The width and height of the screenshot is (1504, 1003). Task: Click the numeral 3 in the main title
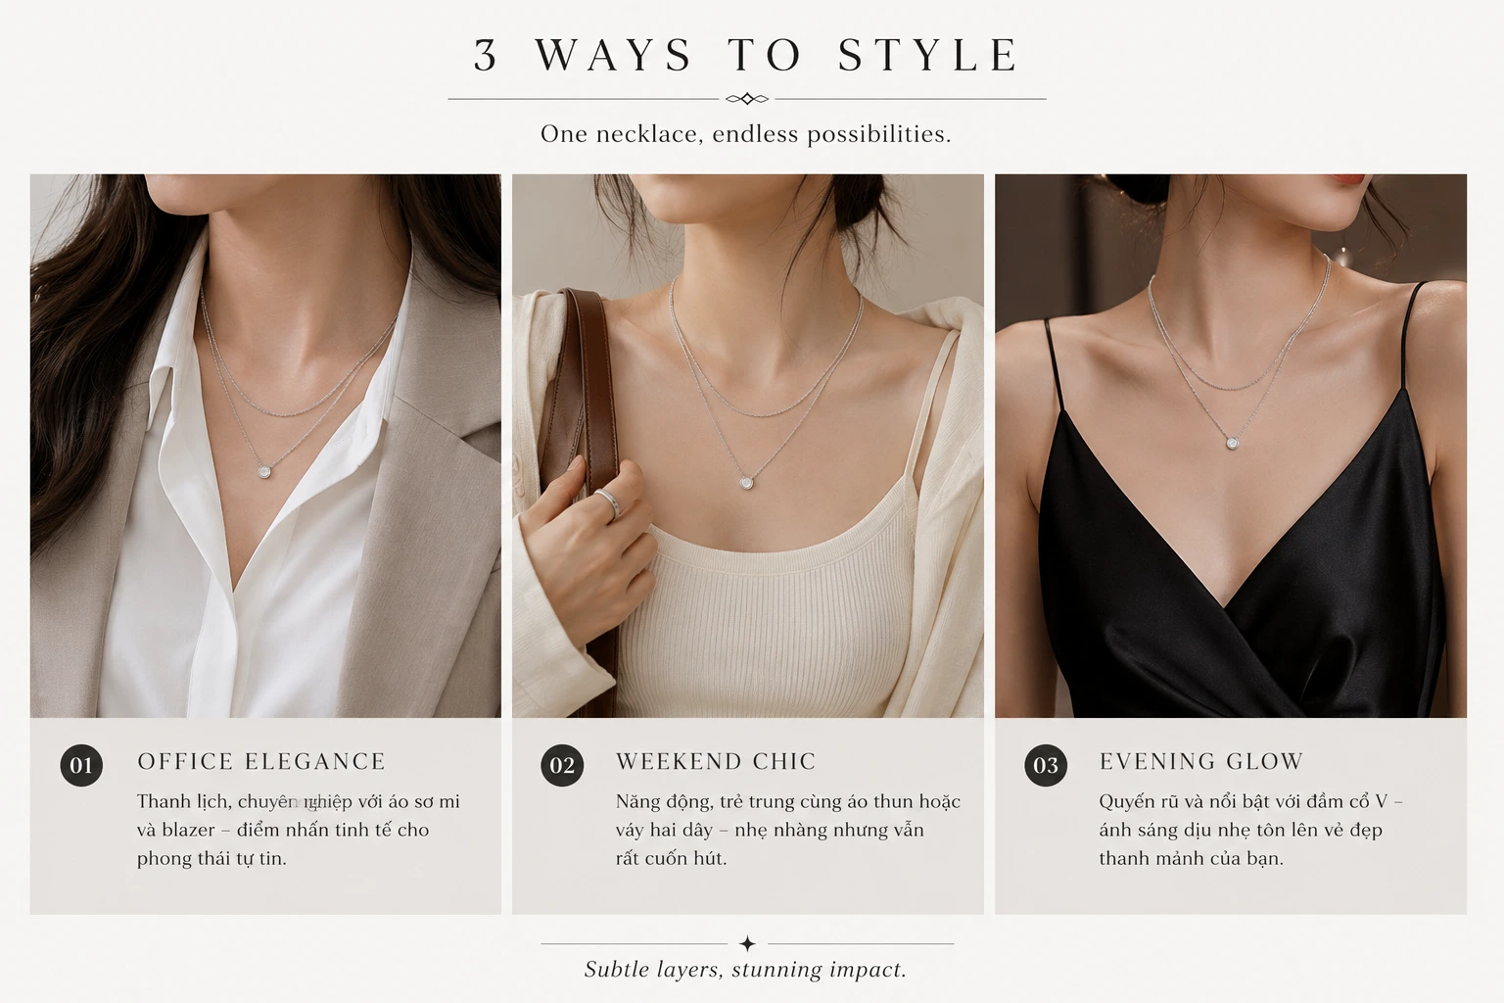coord(486,55)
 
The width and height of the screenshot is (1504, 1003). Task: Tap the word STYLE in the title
coord(928,55)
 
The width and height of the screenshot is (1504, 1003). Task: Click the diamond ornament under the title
coord(747,99)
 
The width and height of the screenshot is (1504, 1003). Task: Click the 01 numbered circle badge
coord(81,765)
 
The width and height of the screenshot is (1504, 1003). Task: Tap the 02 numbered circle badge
coord(562,765)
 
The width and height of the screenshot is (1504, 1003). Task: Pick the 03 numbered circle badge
coord(1046,765)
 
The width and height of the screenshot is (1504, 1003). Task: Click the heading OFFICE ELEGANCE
coord(261,761)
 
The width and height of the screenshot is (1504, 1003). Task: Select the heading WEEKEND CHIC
coord(716,761)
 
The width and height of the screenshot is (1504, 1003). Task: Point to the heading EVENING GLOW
coord(1201,761)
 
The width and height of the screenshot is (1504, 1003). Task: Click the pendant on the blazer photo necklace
coord(264,471)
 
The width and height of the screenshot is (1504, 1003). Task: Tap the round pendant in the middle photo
coord(746,482)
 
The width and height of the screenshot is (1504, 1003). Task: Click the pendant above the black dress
coord(1233,443)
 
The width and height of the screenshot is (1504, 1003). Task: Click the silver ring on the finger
coord(608,501)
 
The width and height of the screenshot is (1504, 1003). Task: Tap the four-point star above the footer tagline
coord(747,944)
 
